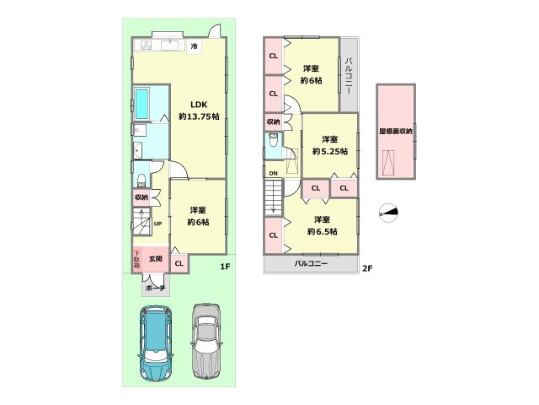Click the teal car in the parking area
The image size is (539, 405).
(x=155, y=343)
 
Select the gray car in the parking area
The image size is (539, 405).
(x=206, y=340)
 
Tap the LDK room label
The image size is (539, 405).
(x=199, y=105)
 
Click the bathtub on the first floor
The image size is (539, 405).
(x=142, y=103)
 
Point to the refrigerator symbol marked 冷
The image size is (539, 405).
(x=195, y=46)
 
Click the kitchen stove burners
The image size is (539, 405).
(x=146, y=46)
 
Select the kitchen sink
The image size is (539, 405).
(x=169, y=46)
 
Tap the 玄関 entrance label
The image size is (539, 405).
(x=155, y=258)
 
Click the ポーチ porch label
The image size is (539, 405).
(x=156, y=289)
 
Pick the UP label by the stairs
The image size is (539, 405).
(x=157, y=224)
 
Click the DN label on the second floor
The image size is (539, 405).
(x=273, y=173)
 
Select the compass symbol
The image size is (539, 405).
(x=388, y=213)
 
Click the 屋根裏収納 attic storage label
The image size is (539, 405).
(x=396, y=132)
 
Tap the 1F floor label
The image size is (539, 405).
(x=225, y=267)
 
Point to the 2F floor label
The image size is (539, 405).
(x=367, y=268)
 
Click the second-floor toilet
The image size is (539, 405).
(x=274, y=140)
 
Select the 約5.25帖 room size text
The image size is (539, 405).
(x=330, y=151)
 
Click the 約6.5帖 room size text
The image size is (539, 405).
(x=322, y=231)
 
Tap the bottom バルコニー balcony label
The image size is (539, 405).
(x=311, y=263)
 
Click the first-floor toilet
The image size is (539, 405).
(x=141, y=180)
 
